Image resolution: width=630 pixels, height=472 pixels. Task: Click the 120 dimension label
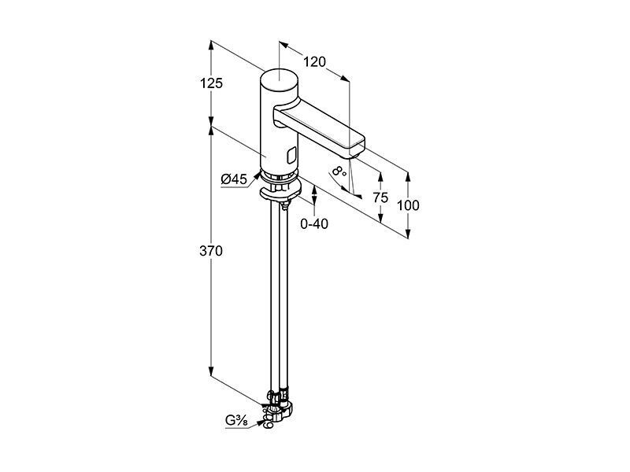[x=314, y=62]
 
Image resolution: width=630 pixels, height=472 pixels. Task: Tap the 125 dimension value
[x=211, y=83]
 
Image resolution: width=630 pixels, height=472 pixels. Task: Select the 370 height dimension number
[x=211, y=251]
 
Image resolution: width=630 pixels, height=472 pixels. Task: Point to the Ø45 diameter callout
[x=234, y=179]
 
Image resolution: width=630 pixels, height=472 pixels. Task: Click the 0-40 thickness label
[x=314, y=224]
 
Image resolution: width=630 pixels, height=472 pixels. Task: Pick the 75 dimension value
[x=380, y=197]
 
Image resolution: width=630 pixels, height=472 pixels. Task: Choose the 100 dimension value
[x=408, y=205]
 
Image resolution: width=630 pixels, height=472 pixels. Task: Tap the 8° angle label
[x=339, y=171]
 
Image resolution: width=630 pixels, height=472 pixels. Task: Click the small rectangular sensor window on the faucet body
[x=291, y=155]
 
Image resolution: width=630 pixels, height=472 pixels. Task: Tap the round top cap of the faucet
[x=280, y=79]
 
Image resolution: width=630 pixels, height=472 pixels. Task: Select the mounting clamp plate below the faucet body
[x=280, y=192]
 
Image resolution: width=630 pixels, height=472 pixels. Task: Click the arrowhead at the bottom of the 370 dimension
[x=210, y=372]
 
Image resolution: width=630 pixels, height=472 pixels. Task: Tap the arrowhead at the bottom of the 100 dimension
[x=408, y=234]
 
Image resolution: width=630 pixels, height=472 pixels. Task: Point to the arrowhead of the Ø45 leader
[x=258, y=175]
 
